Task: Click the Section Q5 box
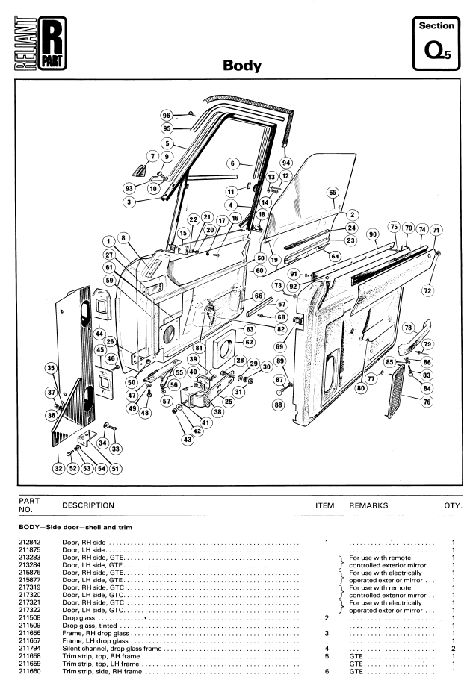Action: [x=436, y=43]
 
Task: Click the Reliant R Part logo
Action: [x=40, y=43]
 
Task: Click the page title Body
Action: [x=242, y=65]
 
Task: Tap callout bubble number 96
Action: [x=167, y=116]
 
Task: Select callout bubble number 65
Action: [x=333, y=193]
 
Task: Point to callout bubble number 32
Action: [x=59, y=469]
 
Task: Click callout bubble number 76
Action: [x=427, y=402]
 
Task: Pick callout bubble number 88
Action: [x=279, y=405]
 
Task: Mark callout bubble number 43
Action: [x=188, y=439]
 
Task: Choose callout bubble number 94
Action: [x=286, y=163]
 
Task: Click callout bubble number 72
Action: [x=427, y=290]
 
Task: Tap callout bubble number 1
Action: [x=108, y=241]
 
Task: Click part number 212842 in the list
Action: [x=29, y=543]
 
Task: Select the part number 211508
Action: [x=29, y=618]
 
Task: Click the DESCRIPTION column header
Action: [x=88, y=505]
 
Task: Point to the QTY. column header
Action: [x=454, y=505]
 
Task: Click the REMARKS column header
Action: [x=368, y=505]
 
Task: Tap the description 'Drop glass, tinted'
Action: [x=90, y=626]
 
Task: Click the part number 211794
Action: [x=29, y=649]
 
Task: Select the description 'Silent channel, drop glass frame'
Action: [x=111, y=649]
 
